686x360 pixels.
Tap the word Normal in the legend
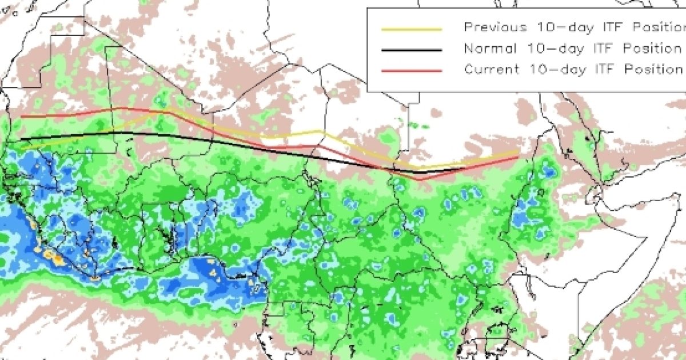coord(484,48)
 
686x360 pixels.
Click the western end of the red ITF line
coord(22,117)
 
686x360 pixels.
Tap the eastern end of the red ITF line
coord(518,157)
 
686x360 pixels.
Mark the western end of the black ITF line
coord(21,139)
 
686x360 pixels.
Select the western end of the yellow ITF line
coord(22,148)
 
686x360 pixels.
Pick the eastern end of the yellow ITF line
coord(518,151)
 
